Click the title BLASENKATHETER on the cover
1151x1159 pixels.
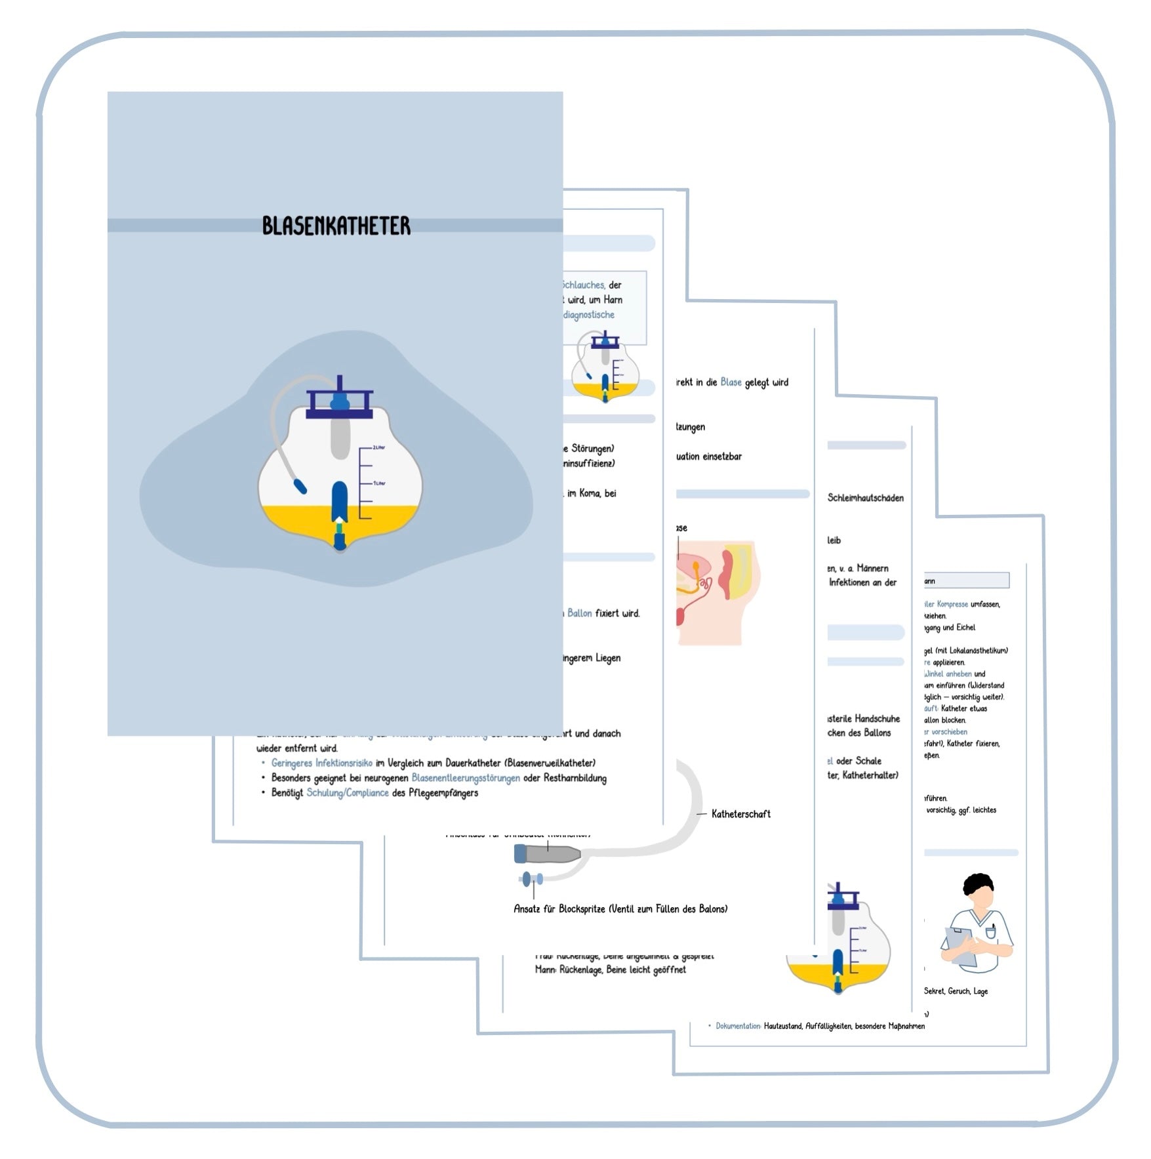336,226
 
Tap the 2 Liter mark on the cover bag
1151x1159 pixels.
378,447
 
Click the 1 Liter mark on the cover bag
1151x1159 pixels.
379,483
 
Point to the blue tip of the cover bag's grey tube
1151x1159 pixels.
300,487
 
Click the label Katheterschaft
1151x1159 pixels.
740,814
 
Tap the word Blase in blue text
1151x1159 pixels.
731,382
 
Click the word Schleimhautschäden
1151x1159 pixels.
865,498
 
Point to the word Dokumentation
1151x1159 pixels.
738,1026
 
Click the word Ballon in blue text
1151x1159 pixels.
579,613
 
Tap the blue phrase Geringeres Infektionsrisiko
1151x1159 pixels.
321,763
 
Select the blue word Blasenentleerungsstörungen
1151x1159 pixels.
465,778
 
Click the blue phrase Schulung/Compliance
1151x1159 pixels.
347,793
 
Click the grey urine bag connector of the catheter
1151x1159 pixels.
548,853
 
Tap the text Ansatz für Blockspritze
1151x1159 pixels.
559,909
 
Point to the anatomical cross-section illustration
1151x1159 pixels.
718,590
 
